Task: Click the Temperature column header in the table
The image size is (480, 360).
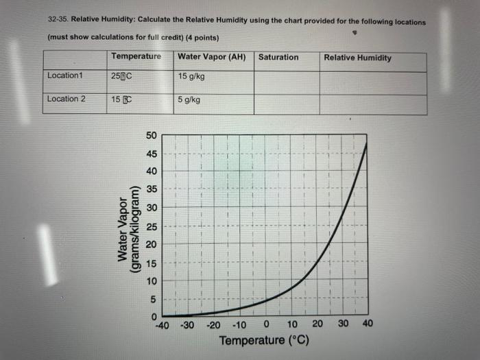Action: click(x=136, y=56)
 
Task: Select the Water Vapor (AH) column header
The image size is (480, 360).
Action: click(x=211, y=57)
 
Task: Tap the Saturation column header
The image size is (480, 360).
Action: click(x=278, y=57)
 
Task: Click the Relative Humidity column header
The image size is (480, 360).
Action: click(x=357, y=58)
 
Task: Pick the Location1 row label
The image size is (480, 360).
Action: click(x=64, y=75)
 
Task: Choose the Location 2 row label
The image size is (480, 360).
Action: click(x=67, y=99)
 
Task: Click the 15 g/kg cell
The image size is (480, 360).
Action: click(x=191, y=75)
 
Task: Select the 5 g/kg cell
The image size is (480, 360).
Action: click(x=189, y=99)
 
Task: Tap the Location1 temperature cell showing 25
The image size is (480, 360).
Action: click(x=121, y=76)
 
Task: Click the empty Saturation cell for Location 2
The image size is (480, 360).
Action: click(x=286, y=104)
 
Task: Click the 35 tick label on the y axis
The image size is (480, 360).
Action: click(x=152, y=189)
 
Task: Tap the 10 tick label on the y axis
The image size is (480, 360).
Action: click(x=152, y=281)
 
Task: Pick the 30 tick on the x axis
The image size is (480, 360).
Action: click(x=342, y=324)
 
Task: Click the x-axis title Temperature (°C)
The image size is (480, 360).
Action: click(x=264, y=341)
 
